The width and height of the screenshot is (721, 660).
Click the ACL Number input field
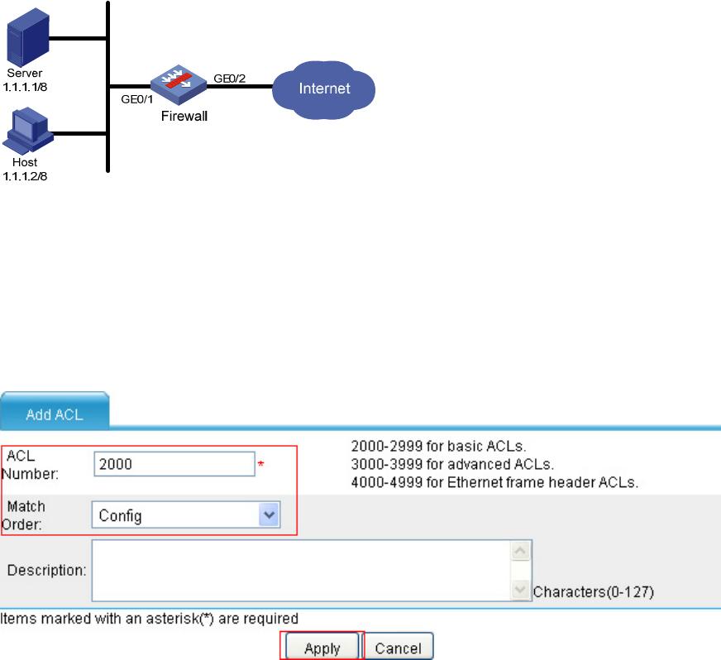tap(174, 464)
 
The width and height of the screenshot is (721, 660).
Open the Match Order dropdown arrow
tap(269, 514)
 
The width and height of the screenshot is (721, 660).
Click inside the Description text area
tap(301, 571)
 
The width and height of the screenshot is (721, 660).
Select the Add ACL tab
tap(55, 412)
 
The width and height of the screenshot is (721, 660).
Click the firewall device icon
tap(179, 84)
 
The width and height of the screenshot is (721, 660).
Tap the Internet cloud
tap(324, 89)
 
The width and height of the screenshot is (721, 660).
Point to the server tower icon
tap(27, 37)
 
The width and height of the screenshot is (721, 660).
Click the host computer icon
tap(28, 131)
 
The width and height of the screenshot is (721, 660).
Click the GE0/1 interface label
tap(137, 99)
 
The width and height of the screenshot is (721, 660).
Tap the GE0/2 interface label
tap(230, 79)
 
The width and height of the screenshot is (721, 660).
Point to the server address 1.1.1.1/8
tap(25, 87)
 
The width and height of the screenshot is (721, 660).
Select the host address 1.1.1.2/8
tap(25, 176)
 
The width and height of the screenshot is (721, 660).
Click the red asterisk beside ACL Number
tap(260, 464)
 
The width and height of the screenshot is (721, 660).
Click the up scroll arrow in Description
tap(521, 551)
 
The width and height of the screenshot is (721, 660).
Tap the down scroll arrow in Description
tap(521, 590)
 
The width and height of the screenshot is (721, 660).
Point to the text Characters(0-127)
tap(593, 591)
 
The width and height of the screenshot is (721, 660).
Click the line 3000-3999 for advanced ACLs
tap(452, 464)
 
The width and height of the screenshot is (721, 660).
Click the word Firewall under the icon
tap(184, 116)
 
